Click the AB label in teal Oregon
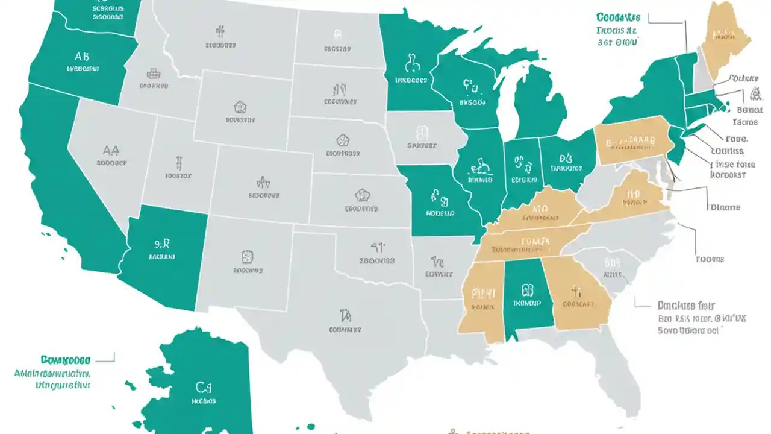(82, 57)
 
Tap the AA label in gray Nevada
(111, 150)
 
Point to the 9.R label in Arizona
(161, 244)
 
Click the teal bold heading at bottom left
(66, 360)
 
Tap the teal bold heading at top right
(618, 17)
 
